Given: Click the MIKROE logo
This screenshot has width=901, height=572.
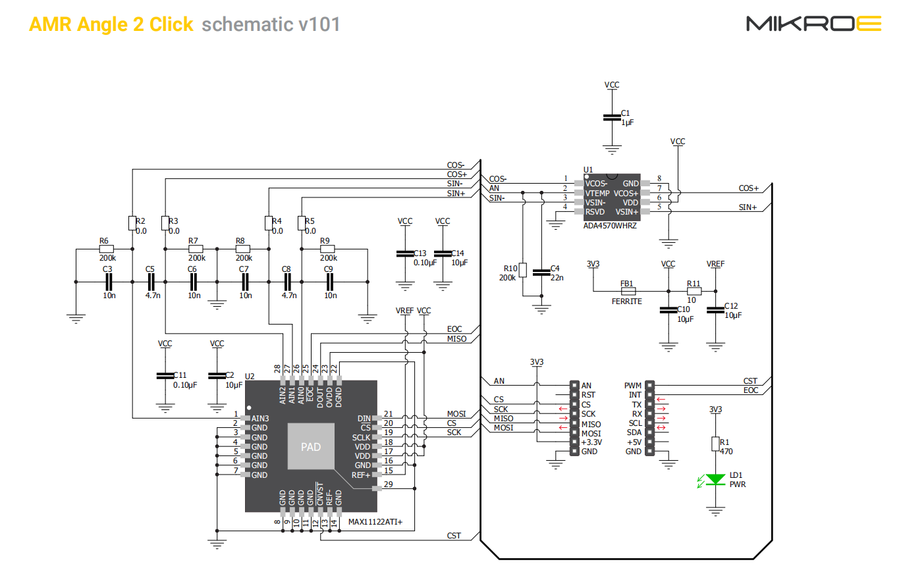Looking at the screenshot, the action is pos(813,24).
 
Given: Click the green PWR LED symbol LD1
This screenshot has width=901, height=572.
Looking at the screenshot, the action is pos(715,480).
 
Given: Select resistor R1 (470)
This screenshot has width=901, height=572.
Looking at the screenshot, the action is pos(715,444).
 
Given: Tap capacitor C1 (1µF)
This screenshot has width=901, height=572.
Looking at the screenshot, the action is pos(612,117).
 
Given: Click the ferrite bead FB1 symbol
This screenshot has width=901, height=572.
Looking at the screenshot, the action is pos(628,291).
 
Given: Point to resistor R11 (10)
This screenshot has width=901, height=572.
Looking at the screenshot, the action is pos(694,291).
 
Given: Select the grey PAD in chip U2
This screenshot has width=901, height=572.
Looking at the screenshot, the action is pos(311,446).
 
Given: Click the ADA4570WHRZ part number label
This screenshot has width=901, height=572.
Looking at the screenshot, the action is pos(610,226).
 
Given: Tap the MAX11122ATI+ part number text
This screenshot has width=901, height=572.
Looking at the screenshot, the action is pos(375,522).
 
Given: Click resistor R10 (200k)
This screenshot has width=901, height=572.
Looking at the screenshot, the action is pos(522,270).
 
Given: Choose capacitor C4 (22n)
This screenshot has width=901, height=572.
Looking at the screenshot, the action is pos(541,273).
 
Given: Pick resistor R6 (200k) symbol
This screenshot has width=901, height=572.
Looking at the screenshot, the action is pos(107,249).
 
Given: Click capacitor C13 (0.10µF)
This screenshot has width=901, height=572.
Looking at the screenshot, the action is pos(405,253).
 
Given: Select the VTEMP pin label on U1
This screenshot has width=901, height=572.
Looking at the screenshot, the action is pos(597,194).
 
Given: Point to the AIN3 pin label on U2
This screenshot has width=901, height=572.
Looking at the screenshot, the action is pos(260,419).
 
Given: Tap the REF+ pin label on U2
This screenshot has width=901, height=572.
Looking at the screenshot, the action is pos(360,475).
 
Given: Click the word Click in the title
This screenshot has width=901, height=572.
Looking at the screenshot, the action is pos(171,24).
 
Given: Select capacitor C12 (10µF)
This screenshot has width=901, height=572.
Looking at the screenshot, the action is pos(715,310).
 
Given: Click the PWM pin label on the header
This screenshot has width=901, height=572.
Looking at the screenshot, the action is pos(633,386).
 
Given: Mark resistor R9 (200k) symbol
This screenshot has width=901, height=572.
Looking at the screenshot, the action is pos(327,249).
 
